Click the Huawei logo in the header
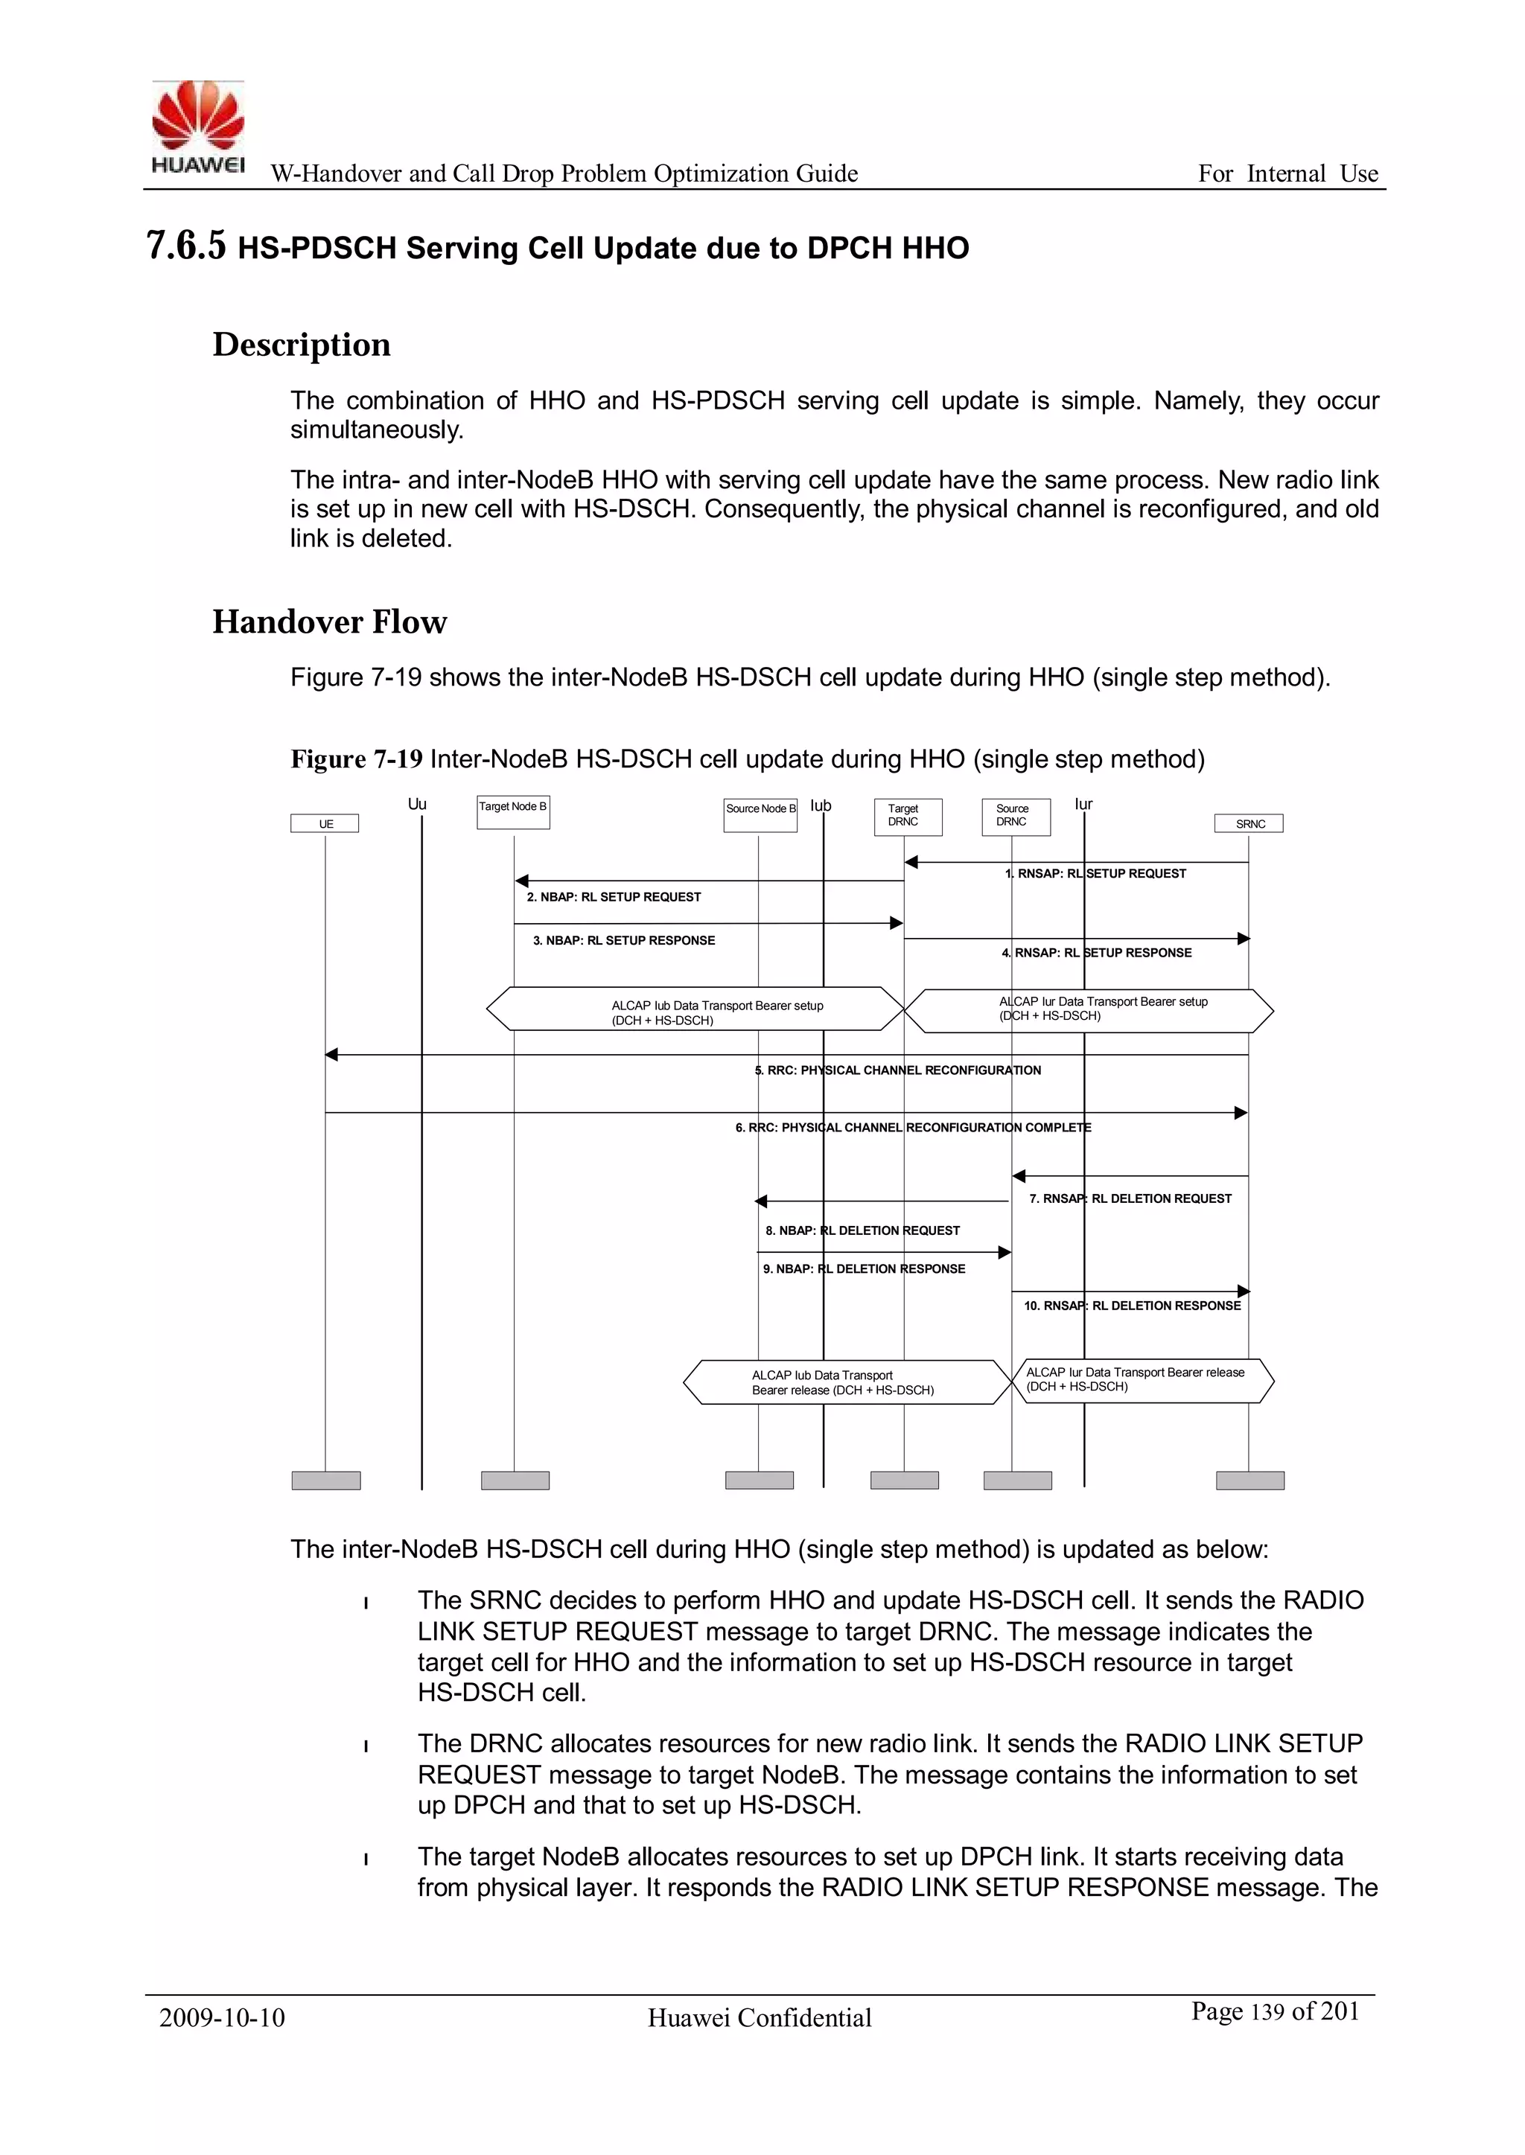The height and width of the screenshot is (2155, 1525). pyautogui.click(x=197, y=127)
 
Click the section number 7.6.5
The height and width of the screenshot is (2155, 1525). pyautogui.click(x=186, y=246)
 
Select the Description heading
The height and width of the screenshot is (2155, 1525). pyautogui.click(x=302, y=345)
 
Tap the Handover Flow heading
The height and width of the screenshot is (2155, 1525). pyautogui.click(x=330, y=622)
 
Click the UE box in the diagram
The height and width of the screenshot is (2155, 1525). pyautogui.click(x=325, y=824)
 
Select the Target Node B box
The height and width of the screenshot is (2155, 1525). pyautogui.click(x=513, y=812)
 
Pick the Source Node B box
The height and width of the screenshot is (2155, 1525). pyautogui.click(x=760, y=814)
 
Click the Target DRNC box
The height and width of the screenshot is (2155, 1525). pyautogui.click(x=907, y=816)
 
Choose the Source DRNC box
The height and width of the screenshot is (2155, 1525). pyautogui.click(x=1015, y=816)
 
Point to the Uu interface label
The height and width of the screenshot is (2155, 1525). pyautogui.click(x=417, y=805)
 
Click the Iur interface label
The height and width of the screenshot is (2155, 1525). pyautogui.click(x=1083, y=805)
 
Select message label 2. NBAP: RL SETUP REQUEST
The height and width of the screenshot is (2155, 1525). pyautogui.click(x=613, y=897)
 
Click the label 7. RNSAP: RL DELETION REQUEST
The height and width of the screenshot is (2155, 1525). pyautogui.click(x=1130, y=1198)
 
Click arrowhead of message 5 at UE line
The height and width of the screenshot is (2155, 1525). pyautogui.click(x=331, y=1055)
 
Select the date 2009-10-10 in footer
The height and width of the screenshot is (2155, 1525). pyautogui.click(x=222, y=2018)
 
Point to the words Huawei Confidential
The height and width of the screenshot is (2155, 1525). pyautogui.click(x=759, y=2018)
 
